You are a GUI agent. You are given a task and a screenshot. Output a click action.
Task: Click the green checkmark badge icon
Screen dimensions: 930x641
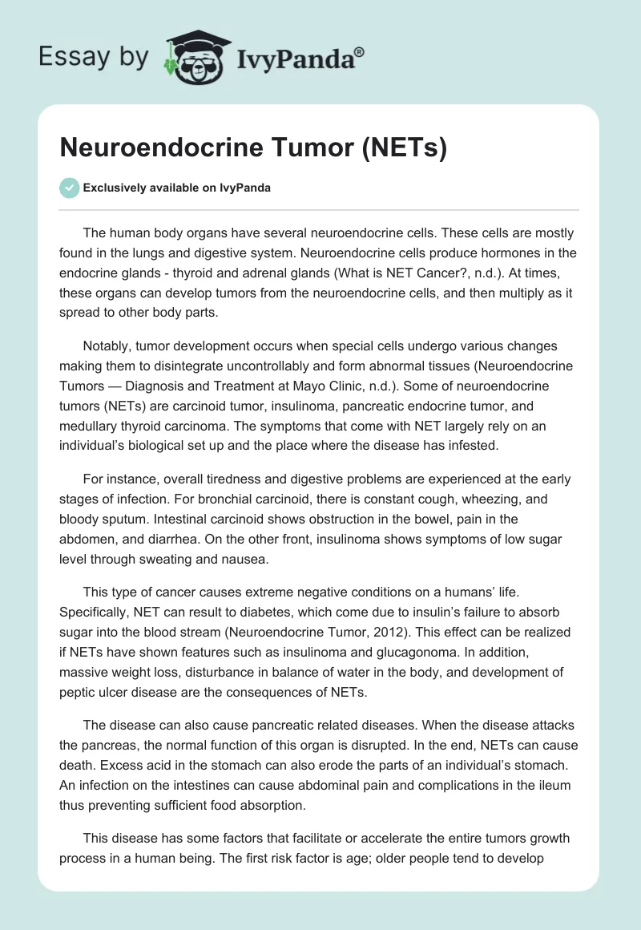point(70,188)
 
